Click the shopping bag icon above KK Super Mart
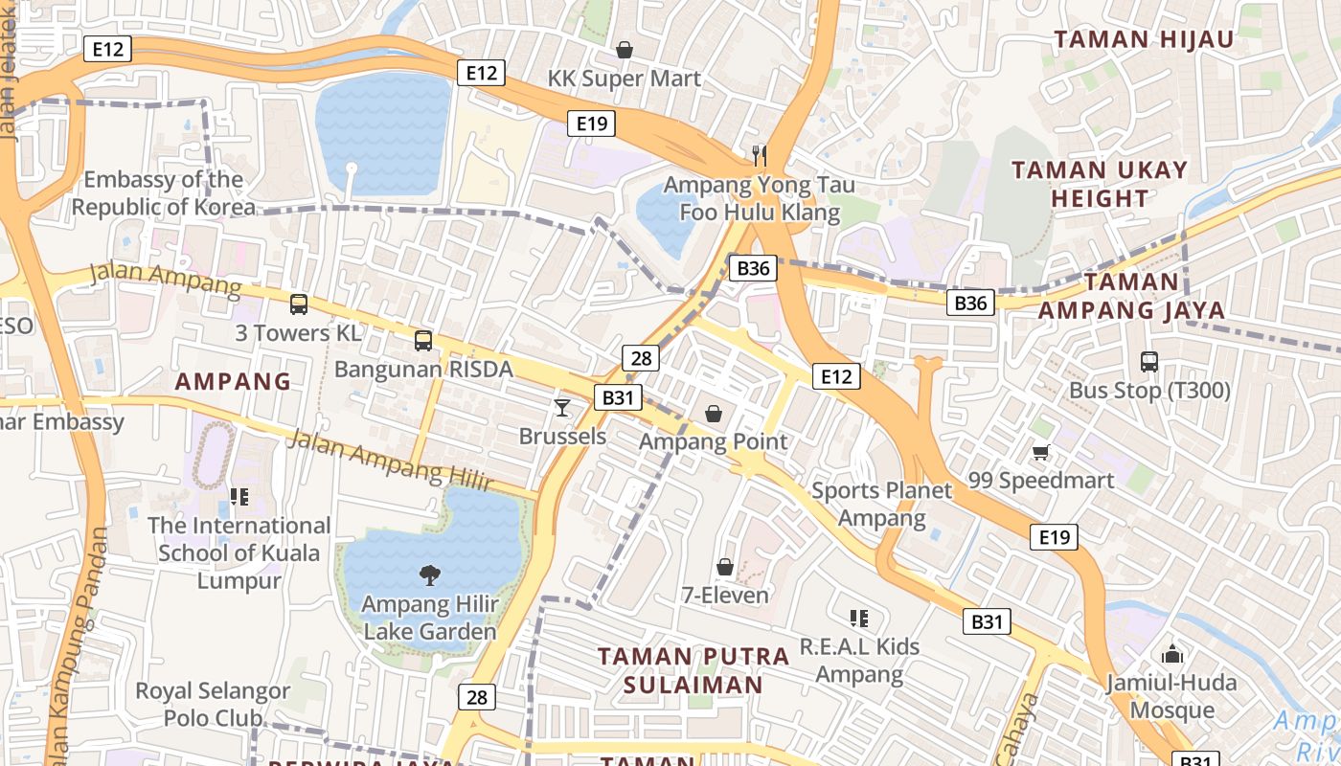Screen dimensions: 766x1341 tap(625, 50)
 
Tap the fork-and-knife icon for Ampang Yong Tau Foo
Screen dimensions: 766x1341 tap(760, 154)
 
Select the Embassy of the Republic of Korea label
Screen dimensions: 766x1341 tap(164, 192)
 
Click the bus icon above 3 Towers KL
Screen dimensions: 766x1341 tap(299, 304)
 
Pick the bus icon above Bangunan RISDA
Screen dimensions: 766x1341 tap(423, 340)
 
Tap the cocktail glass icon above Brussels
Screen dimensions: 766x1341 tap(562, 408)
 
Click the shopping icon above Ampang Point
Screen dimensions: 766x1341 tap(714, 414)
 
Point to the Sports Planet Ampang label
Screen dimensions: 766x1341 tap(882, 505)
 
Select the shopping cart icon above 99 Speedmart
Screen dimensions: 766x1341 tap(1041, 452)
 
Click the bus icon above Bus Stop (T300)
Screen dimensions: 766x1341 tap(1149, 362)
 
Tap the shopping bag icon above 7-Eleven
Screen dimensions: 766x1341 tap(725, 567)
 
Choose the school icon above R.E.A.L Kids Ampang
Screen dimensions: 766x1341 tap(859, 619)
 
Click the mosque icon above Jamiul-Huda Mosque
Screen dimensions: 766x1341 tap(1171, 655)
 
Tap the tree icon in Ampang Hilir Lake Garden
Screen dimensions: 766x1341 tap(430, 575)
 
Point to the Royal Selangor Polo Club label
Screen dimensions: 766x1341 tap(213, 704)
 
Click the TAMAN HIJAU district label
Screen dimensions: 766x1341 tap(1144, 39)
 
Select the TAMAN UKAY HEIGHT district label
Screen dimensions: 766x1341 tap(1100, 184)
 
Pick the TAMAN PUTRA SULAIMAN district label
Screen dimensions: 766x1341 tap(693, 670)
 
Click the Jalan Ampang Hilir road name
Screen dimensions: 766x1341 tap(389, 461)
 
